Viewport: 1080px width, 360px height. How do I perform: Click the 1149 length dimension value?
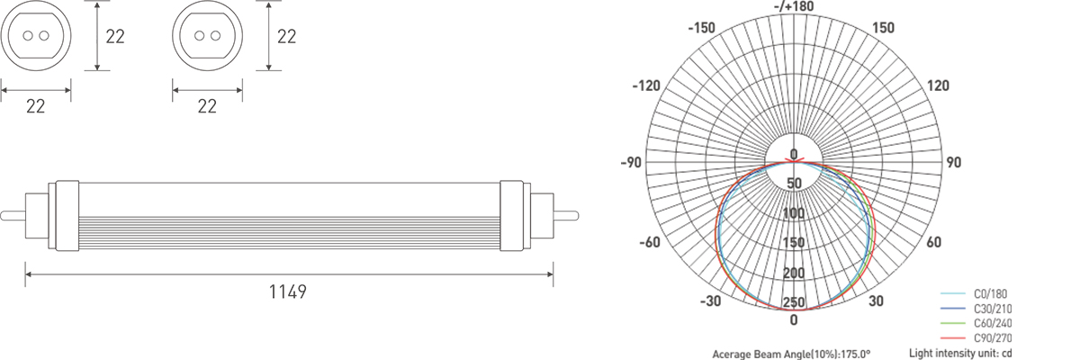[x=287, y=292]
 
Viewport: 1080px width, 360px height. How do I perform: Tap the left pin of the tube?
[x=13, y=215]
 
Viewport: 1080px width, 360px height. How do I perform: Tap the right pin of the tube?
[x=566, y=215]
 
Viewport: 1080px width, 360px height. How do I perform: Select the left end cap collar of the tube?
[x=67, y=215]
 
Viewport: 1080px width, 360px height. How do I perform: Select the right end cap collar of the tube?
[x=511, y=215]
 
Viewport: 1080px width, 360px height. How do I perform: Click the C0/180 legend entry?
[x=976, y=293]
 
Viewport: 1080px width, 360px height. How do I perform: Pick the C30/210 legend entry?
[x=976, y=309]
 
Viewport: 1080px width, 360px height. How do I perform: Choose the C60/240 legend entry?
[x=976, y=323]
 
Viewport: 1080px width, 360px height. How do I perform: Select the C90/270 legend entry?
[x=976, y=337]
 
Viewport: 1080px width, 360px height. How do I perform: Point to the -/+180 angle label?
[x=794, y=6]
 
